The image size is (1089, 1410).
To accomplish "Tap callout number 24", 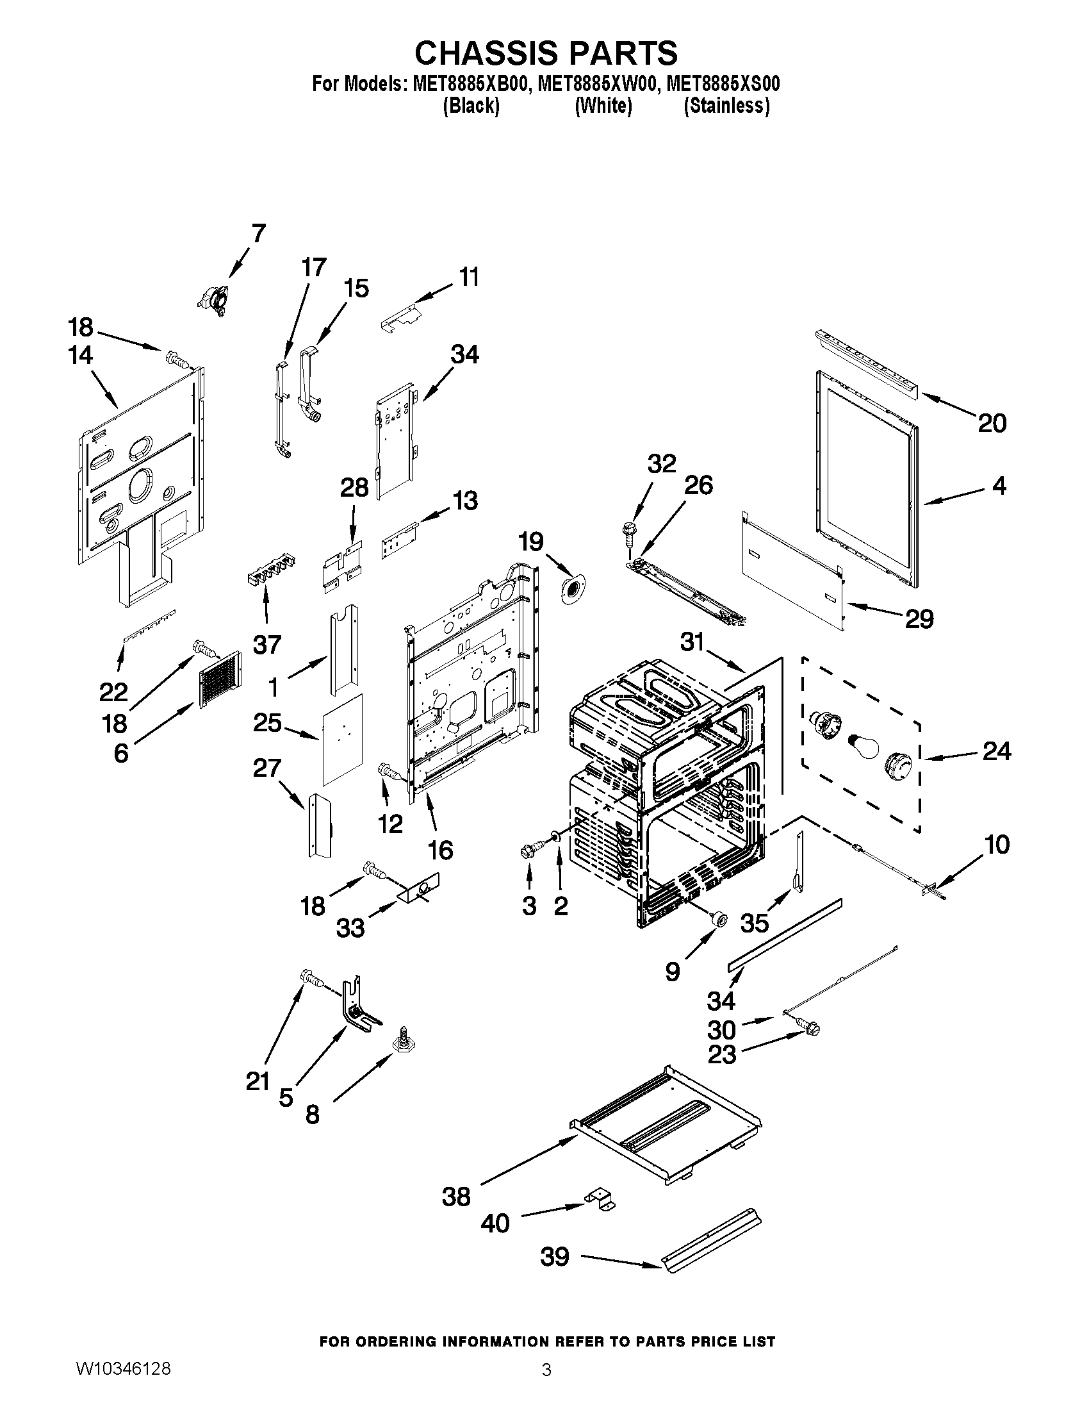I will tap(996, 751).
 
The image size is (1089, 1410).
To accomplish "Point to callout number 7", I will tap(258, 234).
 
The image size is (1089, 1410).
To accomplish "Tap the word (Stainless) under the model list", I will tap(726, 105).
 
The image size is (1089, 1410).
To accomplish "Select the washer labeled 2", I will tap(554, 839).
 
